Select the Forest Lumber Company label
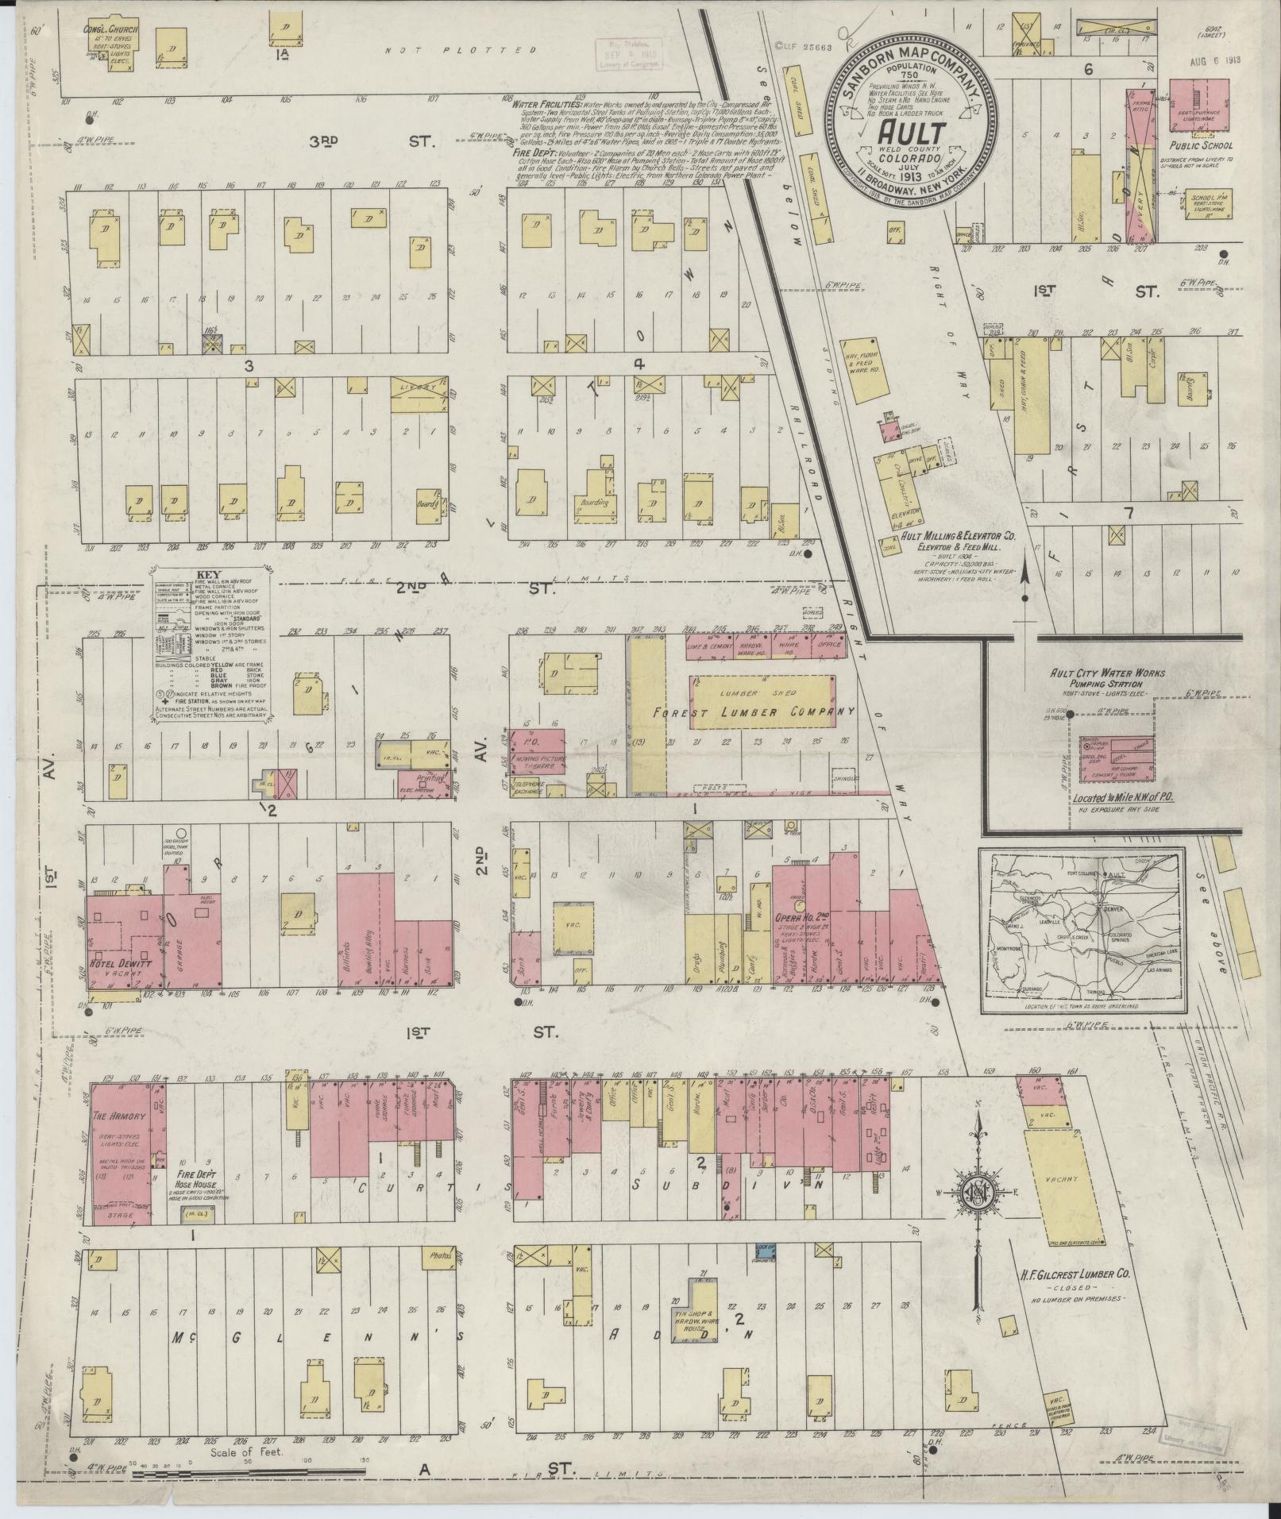coord(750,711)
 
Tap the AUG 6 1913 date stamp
coord(1215,60)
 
